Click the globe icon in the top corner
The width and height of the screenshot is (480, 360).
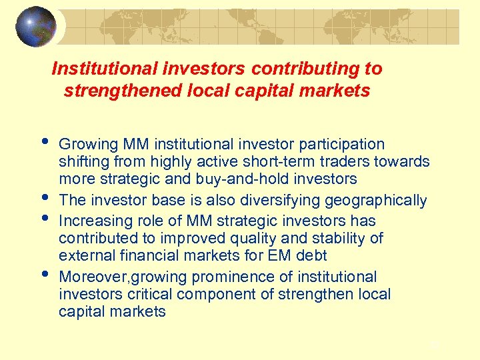36,27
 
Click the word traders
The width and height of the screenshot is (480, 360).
359,161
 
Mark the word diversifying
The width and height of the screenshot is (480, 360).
277,200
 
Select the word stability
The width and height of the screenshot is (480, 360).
336,238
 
